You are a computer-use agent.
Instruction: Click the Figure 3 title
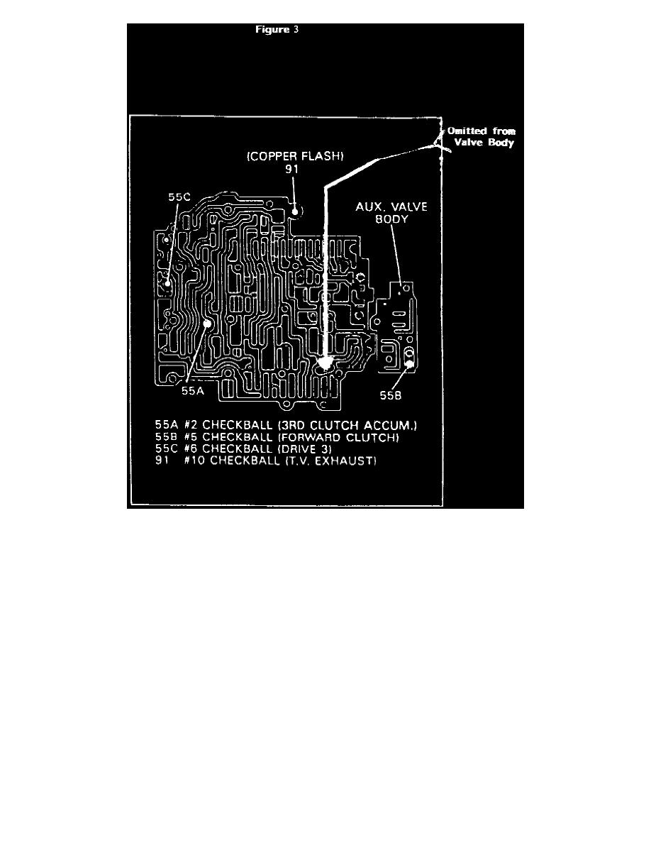(x=277, y=30)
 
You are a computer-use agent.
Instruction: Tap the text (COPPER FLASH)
(x=295, y=156)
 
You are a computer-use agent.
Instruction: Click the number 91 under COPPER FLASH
(x=291, y=169)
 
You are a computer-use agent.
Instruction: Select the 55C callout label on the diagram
(x=179, y=197)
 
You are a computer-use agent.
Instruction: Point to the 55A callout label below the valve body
(x=193, y=391)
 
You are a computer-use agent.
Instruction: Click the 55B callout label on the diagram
(x=391, y=396)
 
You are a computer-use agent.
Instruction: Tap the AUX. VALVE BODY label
(x=391, y=213)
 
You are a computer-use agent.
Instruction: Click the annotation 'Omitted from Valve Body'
(x=482, y=136)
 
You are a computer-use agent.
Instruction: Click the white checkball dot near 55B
(x=409, y=364)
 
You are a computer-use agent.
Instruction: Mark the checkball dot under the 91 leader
(x=295, y=212)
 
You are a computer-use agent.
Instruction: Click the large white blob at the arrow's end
(x=324, y=363)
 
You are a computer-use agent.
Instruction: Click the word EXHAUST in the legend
(x=345, y=461)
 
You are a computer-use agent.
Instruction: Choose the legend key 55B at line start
(x=166, y=438)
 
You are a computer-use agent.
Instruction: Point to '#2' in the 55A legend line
(x=191, y=426)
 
